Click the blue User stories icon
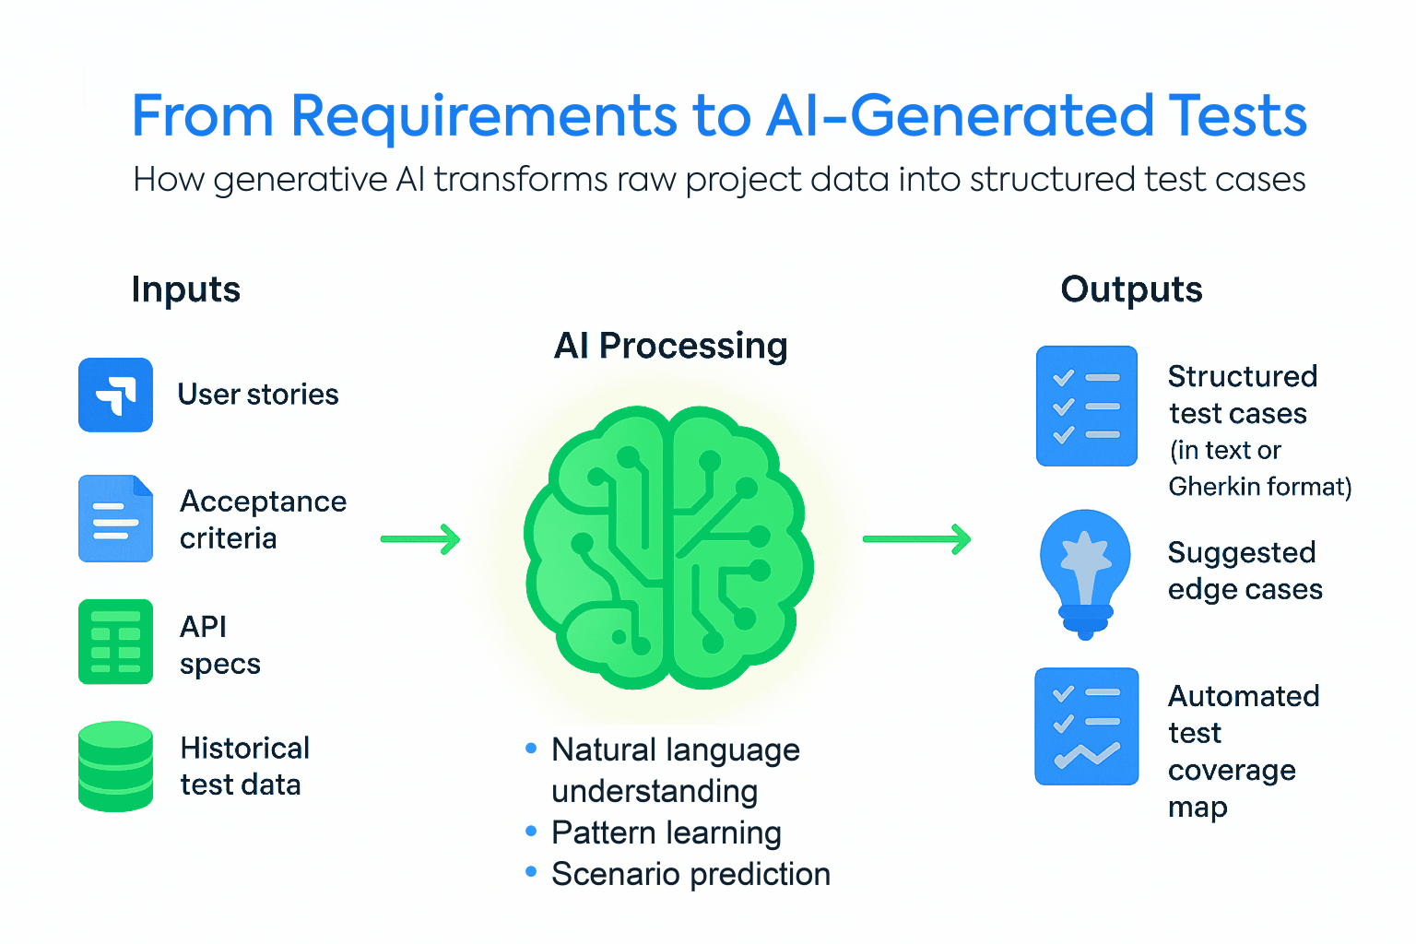(x=115, y=395)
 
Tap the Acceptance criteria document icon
(x=115, y=519)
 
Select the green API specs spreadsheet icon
(x=115, y=642)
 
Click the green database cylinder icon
(x=115, y=766)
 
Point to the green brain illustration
(x=669, y=549)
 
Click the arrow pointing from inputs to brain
(x=420, y=539)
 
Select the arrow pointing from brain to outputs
(x=916, y=539)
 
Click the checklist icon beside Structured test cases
(x=1086, y=406)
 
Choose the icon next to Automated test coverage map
(x=1086, y=726)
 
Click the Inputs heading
(x=185, y=289)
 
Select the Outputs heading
(x=1131, y=289)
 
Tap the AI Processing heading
(x=670, y=346)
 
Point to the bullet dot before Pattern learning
(x=531, y=832)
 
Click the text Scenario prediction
(x=690, y=874)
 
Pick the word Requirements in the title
(x=484, y=116)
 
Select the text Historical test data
(x=244, y=766)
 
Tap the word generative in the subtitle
(x=301, y=180)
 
